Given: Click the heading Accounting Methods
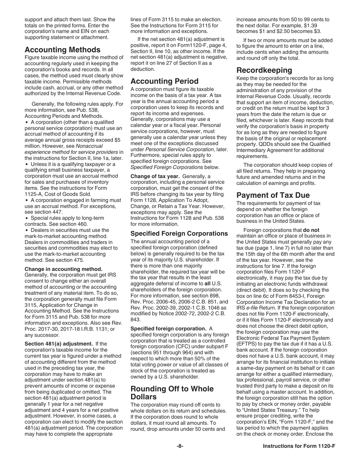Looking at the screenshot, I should click(x=63, y=50).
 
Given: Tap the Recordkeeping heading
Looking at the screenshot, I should click(x=264, y=70).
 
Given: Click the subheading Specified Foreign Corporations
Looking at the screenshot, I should click(x=179, y=233).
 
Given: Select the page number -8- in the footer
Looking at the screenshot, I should click(x=180, y=446).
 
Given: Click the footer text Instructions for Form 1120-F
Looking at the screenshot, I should click(x=299, y=446).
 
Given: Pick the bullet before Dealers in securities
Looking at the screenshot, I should click(x=27, y=230).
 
